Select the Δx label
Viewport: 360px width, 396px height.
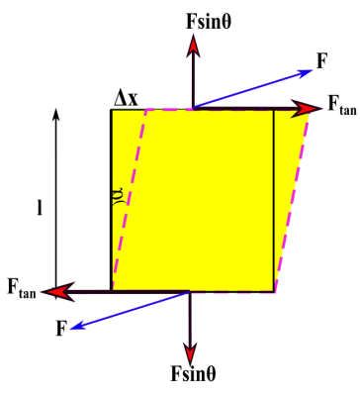(x=127, y=97)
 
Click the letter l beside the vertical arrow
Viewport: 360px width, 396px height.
(x=40, y=209)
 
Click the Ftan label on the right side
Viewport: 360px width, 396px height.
(x=341, y=108)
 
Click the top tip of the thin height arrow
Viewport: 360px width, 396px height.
(x=57, y=110)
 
